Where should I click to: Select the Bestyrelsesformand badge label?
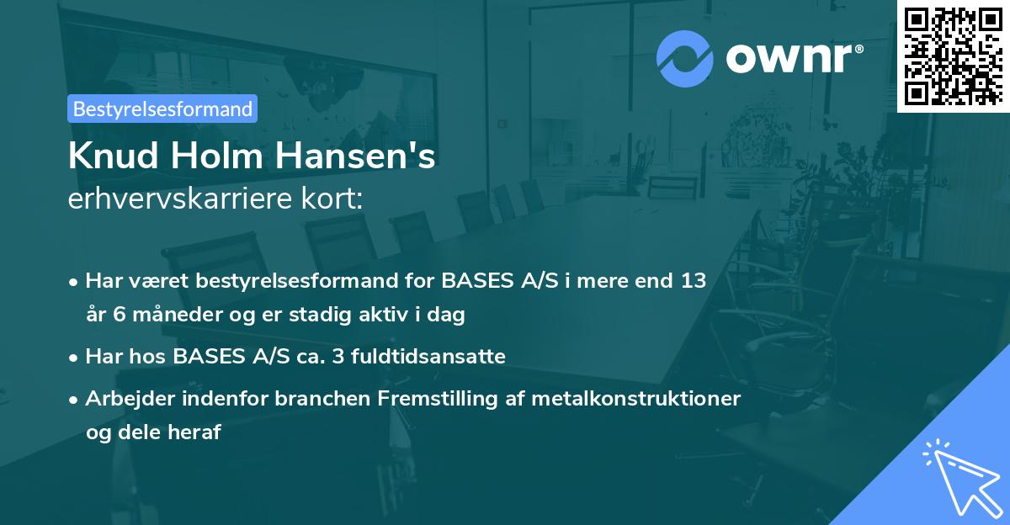coord(162,109)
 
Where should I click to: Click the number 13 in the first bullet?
coord(694,281)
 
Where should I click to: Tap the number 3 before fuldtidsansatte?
coord(339,357)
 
